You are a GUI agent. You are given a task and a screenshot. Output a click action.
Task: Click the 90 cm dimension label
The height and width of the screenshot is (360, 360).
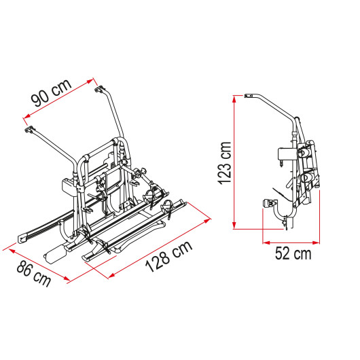51,93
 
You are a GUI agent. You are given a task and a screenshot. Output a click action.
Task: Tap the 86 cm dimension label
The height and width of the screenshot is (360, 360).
34,274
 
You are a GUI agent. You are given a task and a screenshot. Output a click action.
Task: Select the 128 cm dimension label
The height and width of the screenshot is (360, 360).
168,256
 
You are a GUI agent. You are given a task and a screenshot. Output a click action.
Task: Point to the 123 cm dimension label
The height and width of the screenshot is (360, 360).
226,163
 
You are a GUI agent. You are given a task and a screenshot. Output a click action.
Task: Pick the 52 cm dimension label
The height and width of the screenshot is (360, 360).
293,253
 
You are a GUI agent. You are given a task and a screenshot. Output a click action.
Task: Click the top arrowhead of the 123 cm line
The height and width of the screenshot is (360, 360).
234,98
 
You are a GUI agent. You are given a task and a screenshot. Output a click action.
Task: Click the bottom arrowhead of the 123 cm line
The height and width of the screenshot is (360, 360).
234,226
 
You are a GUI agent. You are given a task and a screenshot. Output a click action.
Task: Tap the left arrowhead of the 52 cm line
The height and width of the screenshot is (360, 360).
266,242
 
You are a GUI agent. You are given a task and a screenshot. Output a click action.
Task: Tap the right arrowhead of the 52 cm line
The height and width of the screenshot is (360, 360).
316,242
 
